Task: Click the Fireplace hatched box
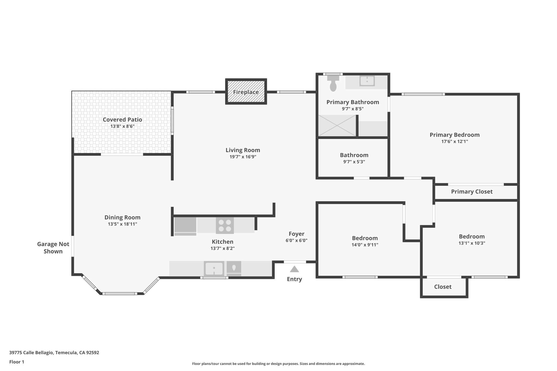(x=246, y=92)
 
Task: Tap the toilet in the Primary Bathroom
(x=333, y=84)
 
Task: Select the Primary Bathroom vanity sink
(x=367, y=81)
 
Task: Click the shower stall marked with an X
(x=337, y=126)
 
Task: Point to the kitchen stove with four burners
(x=225, y=225)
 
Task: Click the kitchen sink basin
(x=214, y=269)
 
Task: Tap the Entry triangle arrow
(x=294, y=269)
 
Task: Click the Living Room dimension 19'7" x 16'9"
(x=243, y=157)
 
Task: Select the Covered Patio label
(x=122, y=120)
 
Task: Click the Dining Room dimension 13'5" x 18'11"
(x=122, y=224)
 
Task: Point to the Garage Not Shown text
(x=53, y=248)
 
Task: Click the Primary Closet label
(x=472, y=192)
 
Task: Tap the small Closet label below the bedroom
(x=442, y=287)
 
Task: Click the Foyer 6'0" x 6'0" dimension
(x=296, y=241)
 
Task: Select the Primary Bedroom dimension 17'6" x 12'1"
(x=454, y=142)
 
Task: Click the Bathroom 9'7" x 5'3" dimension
(x=354, y=162)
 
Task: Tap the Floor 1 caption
(x=17, y=362)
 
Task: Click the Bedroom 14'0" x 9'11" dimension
(x=365, y=245)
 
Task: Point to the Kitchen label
(x=222, y=242)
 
